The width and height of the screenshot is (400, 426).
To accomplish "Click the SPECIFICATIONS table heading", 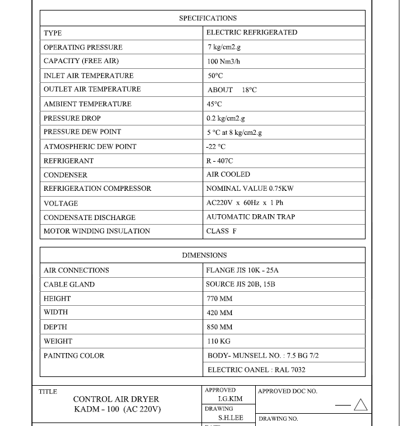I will pos(208,19).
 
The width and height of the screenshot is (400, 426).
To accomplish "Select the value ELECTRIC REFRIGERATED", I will pos(252,33).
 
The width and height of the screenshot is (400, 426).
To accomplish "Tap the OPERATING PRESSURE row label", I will pos(83,47).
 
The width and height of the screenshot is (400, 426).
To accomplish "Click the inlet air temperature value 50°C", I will pos(215,76).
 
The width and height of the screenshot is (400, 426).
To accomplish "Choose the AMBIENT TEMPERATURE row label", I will pos(88,104).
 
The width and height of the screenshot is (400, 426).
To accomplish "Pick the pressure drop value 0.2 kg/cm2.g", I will pos(225,118).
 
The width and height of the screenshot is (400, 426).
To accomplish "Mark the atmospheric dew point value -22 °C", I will pos(216,147).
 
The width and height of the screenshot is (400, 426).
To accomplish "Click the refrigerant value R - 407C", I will pos(220,160).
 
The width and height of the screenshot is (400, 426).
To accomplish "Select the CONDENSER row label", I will pos(65,175).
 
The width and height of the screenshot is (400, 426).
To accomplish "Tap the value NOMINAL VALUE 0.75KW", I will pos(250,188).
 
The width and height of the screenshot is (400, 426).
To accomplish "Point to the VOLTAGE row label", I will pos(61,204).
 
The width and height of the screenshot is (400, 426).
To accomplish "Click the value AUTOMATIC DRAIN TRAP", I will pos(251,217).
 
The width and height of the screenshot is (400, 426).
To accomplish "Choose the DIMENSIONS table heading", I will pos(204,256).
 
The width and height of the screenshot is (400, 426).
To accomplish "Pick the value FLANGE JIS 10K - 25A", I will pos(242,270).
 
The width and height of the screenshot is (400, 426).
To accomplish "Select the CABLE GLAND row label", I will pos(69,285).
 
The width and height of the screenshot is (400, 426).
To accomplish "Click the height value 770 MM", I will pos(220,299).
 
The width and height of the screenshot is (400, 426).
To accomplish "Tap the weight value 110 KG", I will pos(218,341).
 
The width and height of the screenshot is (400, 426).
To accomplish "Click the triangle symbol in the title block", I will pos(361,404).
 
